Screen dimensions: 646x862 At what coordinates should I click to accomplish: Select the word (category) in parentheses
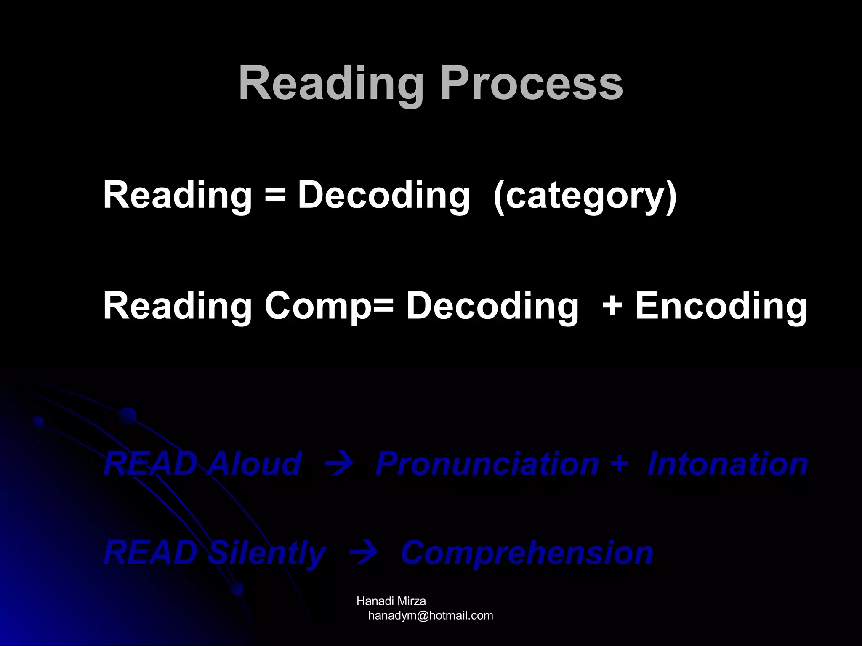pyautogui.click(x=585, y=196)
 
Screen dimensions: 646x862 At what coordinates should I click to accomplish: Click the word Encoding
pyautogui.click(x=721, y=306)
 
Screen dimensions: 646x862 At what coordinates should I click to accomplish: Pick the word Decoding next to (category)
pyautogui.click(x=383, y=196)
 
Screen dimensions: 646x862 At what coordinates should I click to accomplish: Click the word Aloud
pyautogui.click(x=254, y=463)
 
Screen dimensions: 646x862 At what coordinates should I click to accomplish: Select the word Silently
pyautogui.click(x=267, y=553)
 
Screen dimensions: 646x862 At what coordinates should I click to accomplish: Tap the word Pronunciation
pyautogui.click(x=487, y=463)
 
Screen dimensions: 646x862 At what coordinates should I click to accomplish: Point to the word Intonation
pyautogui.click(x=727, y=463)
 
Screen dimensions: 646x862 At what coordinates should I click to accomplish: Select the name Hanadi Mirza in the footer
pyautogui.click(x=391, y=601)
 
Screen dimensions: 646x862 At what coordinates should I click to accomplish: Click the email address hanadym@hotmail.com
pyautogui.click(x=430, y=616)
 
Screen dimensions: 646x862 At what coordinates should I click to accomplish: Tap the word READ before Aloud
pyautogui.click(x=150, y=463)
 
